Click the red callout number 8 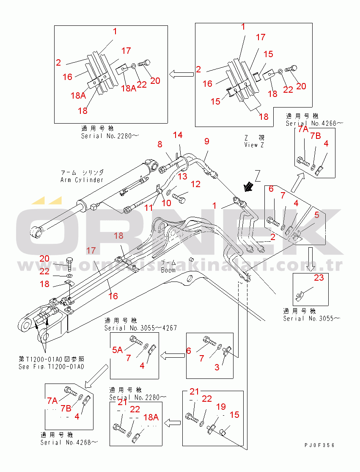pyautogui.click(x=159, y=144)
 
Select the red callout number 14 pyautogui.click(x=178, y=135)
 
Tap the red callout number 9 pyautogui.click(x=207, y=141)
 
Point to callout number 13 pyautogui.click(x=182, y=176)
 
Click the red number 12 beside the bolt pyautogui.click(x=195, y=184)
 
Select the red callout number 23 pyautogui.click(x=319, y=278)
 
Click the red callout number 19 pyautogui.click(x=221, y=407)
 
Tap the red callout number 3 pyautogui.click(x=217, y=367)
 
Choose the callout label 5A pyautogui.click(x=118, y=350)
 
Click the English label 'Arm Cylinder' pyautogui.click(x=82, y=180)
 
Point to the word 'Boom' pyautogui.click(x=168, y=270)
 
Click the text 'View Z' pyautogui.click(x=254, y=145)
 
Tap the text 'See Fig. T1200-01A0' pyautogui.click(x=51, y=367)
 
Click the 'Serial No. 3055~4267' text pyautogui.click(x=140, y=328)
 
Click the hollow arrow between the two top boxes pyautogui.click(x=181, y=75)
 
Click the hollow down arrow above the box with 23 pyautogui.click(x=311, y=259)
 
